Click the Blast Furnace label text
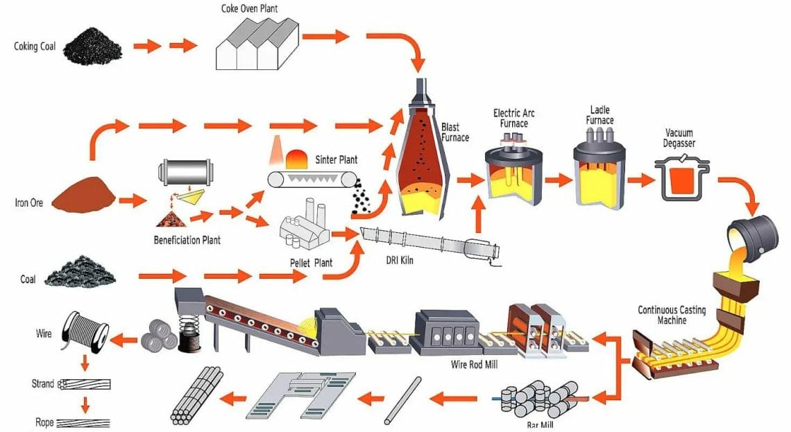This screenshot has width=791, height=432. pos(455,132)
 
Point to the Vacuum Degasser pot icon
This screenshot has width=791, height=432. pos(681,176)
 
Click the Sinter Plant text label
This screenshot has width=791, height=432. pos(336,159)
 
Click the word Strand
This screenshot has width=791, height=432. pos(43,383)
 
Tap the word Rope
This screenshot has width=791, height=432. pos(44,422)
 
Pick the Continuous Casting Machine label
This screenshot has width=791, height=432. pos(671,315)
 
